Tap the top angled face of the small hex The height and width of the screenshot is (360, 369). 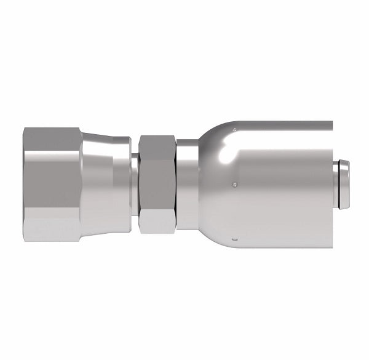point(157,143)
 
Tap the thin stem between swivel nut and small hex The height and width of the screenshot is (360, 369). point(134,183)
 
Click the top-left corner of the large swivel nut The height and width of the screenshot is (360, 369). point(25,128)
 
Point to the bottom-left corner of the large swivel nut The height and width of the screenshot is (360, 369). point(25,239)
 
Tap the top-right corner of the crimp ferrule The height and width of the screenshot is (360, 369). point(331,122)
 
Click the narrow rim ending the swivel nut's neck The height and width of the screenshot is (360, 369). point(127,183)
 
